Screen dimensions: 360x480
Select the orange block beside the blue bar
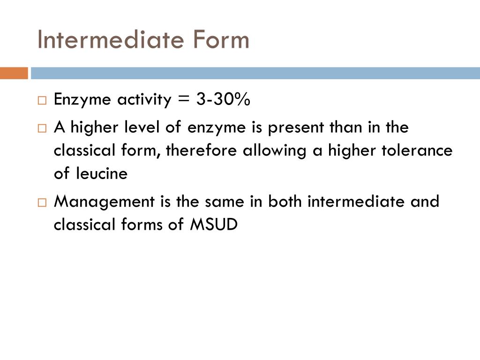click(x=14, y=74)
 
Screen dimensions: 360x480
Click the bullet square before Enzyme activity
click(x=42, y=100)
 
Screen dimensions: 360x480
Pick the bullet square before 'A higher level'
click(x=42, y=128)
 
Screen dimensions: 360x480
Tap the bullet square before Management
click(x=42, y=202)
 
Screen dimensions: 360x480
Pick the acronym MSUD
click(x=214, y=225)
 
